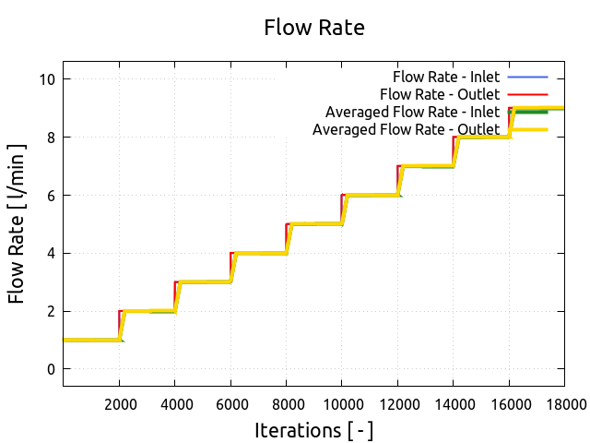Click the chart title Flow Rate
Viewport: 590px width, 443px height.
click(314, 28)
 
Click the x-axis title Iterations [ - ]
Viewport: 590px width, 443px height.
click(314, 431)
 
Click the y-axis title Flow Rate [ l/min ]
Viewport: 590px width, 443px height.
click(17, 224)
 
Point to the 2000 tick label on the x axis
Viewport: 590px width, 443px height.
click(119, 403)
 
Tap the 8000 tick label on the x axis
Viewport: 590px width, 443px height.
click(287, 403)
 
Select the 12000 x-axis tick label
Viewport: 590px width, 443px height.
click(398, 403)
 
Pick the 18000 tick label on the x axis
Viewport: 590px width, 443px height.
click(564, 403)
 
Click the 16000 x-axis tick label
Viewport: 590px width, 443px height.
click(510, 403)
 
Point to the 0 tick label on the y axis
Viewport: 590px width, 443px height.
click(53, 369)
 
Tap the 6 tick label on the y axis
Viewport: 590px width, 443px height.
click(53, 196)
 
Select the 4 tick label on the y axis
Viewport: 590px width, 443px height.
click(53, 253)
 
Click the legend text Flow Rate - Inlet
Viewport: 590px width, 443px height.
click(446, 76)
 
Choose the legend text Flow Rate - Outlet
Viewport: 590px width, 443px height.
click(440, 94)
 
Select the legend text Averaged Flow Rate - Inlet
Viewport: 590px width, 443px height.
click(412, 112)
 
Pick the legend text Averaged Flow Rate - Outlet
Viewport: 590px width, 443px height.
click(406, 129)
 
